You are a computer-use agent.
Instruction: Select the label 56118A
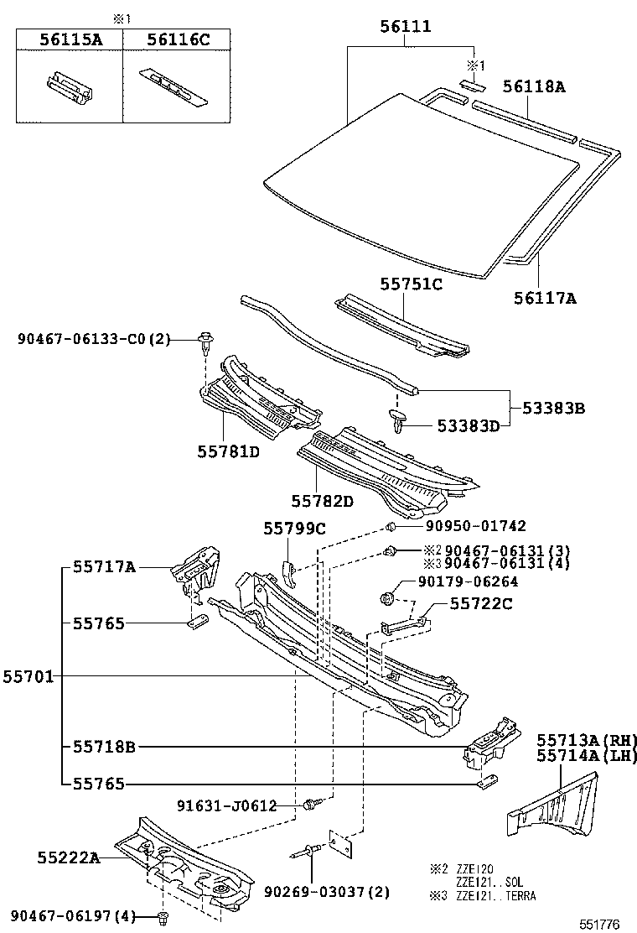pos(535,86)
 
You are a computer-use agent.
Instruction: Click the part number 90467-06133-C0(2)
pos(93,339)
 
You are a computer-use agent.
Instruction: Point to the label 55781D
pos(228,452)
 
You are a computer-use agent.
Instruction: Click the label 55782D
pos(323,501)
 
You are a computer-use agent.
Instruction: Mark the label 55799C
pos(294,529)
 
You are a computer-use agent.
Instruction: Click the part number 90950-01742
pos(464,526)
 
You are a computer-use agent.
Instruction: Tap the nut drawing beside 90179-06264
pos(387,599)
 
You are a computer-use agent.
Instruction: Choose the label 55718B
pos(104,745)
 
